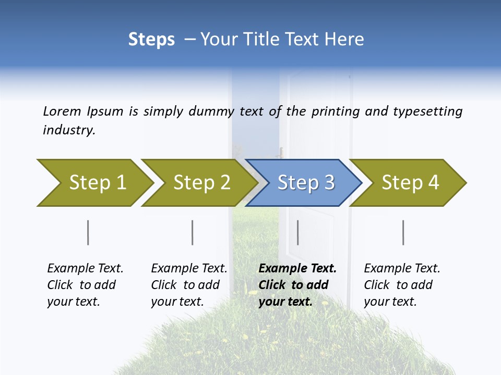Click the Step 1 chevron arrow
pos(94,183)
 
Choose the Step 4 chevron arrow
pos(410,183)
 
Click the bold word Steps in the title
pos(151,40)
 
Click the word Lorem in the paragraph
pos(62,111)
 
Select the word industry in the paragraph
pos(68,130)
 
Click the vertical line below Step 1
pos(88,232)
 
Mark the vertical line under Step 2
pos(193,232)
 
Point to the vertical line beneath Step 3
pos(298,232)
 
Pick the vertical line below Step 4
pos(403,232)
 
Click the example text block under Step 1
pos(85,285)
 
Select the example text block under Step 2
pos(188,285)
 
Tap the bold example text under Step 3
pos(297,285)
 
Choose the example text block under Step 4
pos(401,285)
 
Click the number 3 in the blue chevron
pos(329,183)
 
